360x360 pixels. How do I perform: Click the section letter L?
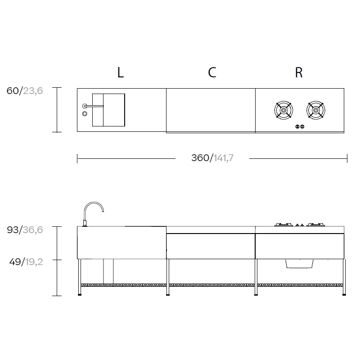(x=121, y=72)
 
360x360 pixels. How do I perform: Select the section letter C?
(x=212, y=72)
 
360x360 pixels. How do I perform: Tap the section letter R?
(x=299, y=72)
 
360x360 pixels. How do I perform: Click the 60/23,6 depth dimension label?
(x=25, y=91)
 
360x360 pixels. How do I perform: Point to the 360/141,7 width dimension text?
(x=212, y=158)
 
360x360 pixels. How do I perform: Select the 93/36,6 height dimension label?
(x=25, y=230)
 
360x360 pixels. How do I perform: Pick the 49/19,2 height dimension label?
(x=26, y=262)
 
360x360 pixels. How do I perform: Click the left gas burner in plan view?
(x=283, y=110)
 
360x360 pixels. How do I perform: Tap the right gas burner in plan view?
(x=316, y=110)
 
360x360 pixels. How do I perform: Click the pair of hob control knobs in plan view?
(x=300, y=126)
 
